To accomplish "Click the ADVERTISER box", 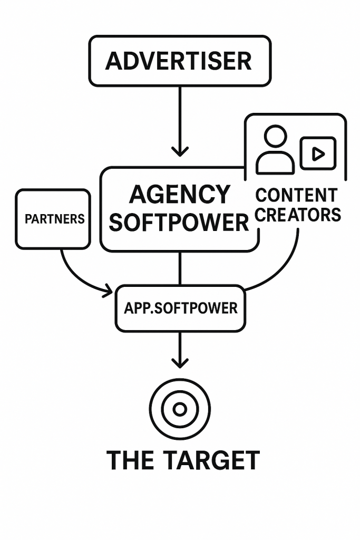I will coord(179,61).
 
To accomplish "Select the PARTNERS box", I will coord(53,219).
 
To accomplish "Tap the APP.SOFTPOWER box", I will coord(180,308).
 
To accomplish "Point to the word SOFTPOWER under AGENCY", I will coord(179,223).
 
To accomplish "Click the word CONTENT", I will coord(296,195).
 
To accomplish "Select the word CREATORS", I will coord(298,215).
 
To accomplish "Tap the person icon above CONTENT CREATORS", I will coord(275,150).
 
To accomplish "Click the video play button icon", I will coord(317,153).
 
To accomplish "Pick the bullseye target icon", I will coord(180,409).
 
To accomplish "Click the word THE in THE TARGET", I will coord(130,460).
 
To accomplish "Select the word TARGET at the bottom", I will coord(211,460).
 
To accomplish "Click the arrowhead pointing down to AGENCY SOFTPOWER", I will coord(180,151).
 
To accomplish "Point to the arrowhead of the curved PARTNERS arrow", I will coord(109,290).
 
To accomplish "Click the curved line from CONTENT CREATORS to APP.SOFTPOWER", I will coord(285,269).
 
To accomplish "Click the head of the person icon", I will coord(275,137).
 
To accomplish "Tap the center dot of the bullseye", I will coord(180,409).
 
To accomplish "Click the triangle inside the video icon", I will coord(318,153).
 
